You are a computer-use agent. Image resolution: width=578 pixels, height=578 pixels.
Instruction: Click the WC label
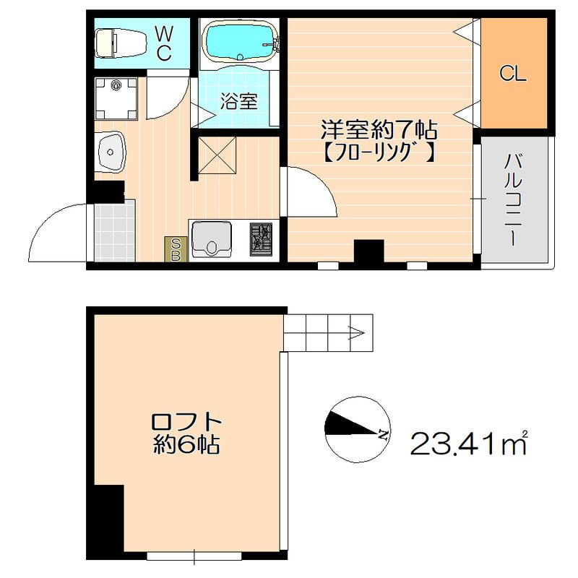pos(163,42)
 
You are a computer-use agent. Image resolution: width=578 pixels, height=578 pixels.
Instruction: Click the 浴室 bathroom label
pos(238,101)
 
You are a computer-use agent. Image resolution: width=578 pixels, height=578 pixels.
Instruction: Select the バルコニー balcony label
pos(514,199)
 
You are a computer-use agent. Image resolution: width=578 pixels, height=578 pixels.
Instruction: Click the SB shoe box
pos(175,249)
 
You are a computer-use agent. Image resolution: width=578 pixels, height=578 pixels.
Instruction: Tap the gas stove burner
pos(261,238)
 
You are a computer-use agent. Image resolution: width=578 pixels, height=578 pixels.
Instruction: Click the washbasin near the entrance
pos(110,151)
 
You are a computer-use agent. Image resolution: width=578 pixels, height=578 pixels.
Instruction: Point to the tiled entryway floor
pos(115,231)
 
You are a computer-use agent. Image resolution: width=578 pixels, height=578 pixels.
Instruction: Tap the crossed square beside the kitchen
pos(217,154)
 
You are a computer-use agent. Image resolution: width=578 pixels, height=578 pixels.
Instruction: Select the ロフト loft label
pos(186,421)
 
